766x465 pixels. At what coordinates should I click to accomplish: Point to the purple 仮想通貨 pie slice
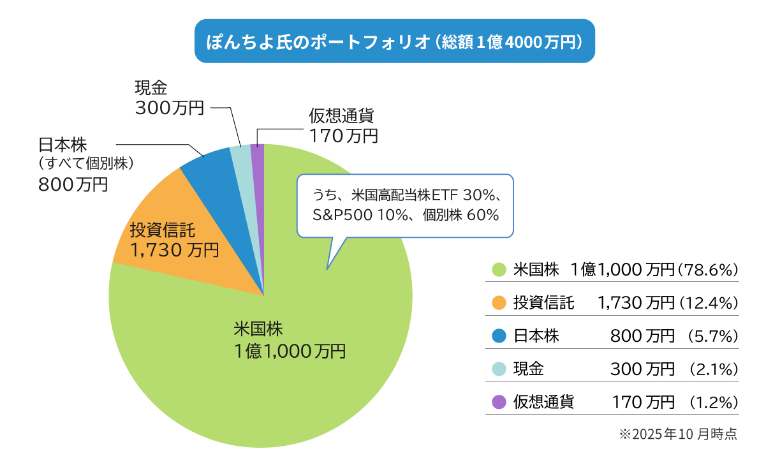[x=258, y=153]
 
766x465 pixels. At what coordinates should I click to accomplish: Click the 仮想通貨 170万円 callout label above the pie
[x=344, y=126]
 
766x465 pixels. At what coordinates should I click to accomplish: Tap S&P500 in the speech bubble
[x=339, y=215]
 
